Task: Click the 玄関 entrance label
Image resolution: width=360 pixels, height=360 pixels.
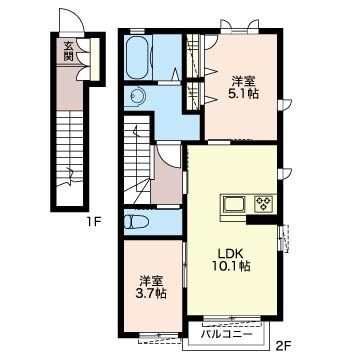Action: [x=68, y=51]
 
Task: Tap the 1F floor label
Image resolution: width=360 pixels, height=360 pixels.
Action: [x=94, y=221]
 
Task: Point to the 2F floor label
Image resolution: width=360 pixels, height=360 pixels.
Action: [x=283, y=347]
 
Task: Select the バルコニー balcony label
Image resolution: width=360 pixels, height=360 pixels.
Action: [x=226, y=334]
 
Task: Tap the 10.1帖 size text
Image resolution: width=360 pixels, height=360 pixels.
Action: [x=232, y=266]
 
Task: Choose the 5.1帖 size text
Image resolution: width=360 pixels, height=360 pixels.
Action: [x=243, y=94]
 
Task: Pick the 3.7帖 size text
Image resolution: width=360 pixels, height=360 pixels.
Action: [x=151, y=294]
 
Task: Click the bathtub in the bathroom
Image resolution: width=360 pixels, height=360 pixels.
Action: [x=138, y=57]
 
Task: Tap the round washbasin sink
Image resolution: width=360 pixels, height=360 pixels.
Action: [x=137, y=97]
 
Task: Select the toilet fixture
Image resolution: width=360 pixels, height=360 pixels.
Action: [x=136, y=222]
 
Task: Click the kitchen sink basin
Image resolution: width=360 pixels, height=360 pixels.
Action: [x=234, y=204]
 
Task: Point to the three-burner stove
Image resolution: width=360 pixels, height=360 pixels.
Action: [x=263, y=203]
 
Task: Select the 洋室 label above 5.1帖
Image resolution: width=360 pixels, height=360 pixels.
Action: [x=243, y=82]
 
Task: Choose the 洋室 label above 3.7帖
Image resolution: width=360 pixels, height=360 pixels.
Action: [x=151, y=281]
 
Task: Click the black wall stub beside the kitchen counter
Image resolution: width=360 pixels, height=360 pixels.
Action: [x=262, y=219]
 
